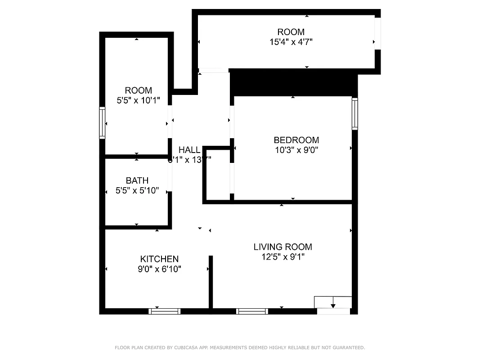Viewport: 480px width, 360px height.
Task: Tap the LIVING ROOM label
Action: (283, 247)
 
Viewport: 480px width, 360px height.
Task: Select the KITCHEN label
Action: (159, 259)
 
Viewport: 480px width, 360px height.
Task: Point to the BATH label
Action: (137, 180)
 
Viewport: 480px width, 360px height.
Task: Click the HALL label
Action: (189, 150)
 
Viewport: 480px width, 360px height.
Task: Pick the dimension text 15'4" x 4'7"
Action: (291, 42)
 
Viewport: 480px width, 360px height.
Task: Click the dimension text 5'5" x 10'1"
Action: (138, 100)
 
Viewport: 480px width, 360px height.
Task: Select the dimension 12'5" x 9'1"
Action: (283, 257)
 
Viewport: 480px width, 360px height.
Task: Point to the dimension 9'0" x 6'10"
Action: (159, 269)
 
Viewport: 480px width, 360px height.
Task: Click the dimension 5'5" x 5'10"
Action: (137, 191)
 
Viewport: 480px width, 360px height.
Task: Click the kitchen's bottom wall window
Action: (165, 311)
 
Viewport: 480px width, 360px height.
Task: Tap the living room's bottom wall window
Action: (252, 311)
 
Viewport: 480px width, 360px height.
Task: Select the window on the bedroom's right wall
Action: (354, 113)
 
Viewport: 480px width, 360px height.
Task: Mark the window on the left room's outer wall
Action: (102, 122)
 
